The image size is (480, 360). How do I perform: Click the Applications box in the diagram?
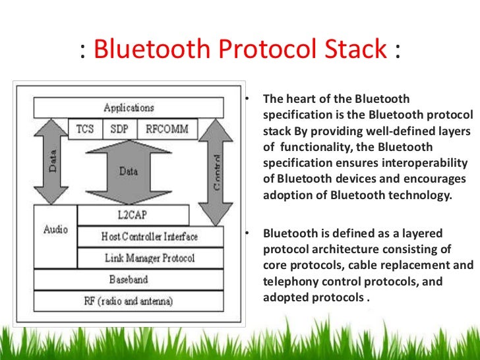(x=129, y=107)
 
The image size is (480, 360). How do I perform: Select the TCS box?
(x=85, y=129)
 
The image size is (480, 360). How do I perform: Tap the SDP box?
(x=119, y=129)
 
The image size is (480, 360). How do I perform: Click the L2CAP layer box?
(x=133, y=215)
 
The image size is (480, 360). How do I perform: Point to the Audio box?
(x=55, y=231)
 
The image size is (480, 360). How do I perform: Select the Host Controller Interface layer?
(x=150, y=236)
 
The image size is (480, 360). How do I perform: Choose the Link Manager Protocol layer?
(x=150, y=258)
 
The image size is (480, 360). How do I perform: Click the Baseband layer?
(x=129, y=280)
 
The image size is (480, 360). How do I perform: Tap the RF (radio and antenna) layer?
(x=129, y=301)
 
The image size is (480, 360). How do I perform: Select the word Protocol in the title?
(x=262, y=49)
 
